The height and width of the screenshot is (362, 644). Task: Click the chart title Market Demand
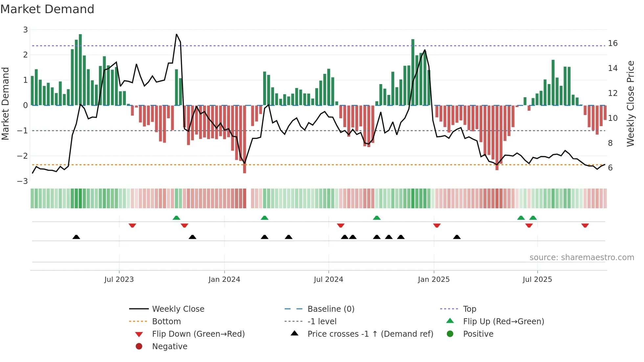point(47,9)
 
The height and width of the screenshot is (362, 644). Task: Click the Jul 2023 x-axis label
point(119,280)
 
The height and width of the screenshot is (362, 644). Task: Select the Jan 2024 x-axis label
point(224,280)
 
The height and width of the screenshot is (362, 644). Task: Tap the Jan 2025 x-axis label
point(434,280)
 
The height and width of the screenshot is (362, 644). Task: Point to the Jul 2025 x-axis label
point(537,280)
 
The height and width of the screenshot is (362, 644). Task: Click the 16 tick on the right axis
point(612,43)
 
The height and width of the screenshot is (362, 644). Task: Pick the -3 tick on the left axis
point(22,181)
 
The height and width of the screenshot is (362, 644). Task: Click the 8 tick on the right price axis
point(610,143)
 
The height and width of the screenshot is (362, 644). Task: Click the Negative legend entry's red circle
point(139,347)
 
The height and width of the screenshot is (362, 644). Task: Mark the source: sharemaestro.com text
point(582,258)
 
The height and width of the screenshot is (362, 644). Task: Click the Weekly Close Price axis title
point(630,103)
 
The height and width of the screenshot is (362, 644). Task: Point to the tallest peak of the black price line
point(176,34)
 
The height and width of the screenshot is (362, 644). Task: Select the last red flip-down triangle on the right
point(585,226)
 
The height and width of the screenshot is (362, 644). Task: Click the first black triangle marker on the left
point(76,237)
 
